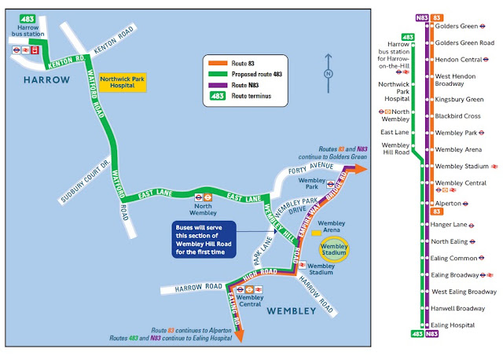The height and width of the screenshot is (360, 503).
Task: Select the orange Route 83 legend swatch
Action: (x=216, y=61)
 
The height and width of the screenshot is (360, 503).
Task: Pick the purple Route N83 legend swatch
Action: (x=216, y=85)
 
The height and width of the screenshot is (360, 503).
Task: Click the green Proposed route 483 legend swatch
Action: (x=216, y=73)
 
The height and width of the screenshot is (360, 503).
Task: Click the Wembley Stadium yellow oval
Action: (x=333, y=248)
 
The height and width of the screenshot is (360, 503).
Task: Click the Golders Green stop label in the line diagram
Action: (x=457, y=25)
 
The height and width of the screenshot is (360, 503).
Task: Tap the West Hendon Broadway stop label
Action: (x=457, y=79)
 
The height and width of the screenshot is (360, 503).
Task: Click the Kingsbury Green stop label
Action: (x=457, y=100)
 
